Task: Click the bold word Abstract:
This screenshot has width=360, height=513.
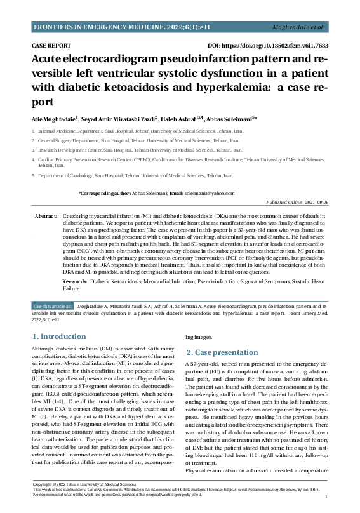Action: pyautogui.click(x=46, y=217)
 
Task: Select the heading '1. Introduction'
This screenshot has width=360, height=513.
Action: pyautogui.click(x=59, y=337)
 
